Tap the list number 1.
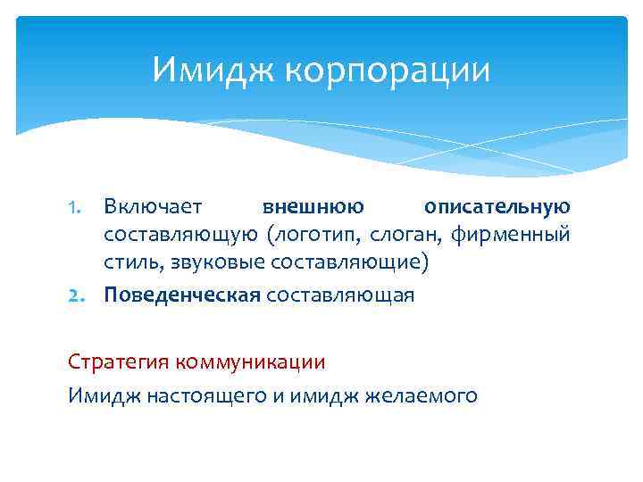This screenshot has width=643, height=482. (x=78, y=208)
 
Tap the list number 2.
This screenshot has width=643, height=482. (x=78, y=295)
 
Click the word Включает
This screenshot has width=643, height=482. (x=153, y=207)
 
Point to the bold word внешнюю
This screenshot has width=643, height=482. (x=313, y=207)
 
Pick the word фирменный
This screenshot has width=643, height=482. (x=510, y=237)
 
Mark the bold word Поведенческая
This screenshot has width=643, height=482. (x=181, y=295)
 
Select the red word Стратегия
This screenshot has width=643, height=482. (x=118, y=363)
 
